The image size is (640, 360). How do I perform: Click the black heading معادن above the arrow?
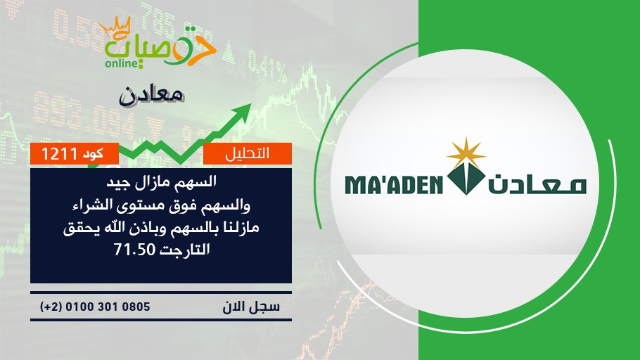point(151,96)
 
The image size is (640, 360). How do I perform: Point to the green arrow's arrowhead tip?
point(250,104)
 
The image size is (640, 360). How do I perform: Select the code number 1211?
point(59,154)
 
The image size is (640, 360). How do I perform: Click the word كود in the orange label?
point(93,154)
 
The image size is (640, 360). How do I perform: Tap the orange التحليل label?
point(248,153)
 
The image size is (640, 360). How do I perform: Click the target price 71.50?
point(135,250)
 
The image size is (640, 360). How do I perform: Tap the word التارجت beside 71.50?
point(184,250)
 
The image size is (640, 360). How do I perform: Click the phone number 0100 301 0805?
point(108,307)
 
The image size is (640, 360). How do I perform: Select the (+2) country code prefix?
point(51,307)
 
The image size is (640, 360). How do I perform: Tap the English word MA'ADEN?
point(394,185)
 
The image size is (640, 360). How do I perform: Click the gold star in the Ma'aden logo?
point(466,153)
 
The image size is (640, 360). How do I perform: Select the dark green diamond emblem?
point(466,179)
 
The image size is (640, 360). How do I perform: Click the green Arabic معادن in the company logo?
point(537,185)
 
